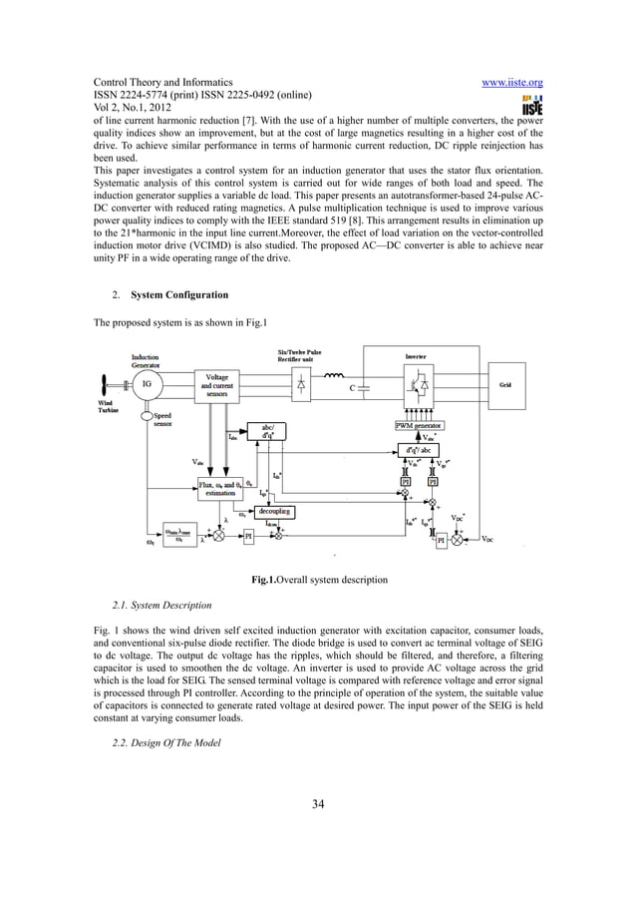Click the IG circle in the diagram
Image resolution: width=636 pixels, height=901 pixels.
(147, 382)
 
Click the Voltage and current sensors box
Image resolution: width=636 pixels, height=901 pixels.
(216, 385)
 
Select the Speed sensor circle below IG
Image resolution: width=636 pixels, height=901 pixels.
(147, 414)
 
